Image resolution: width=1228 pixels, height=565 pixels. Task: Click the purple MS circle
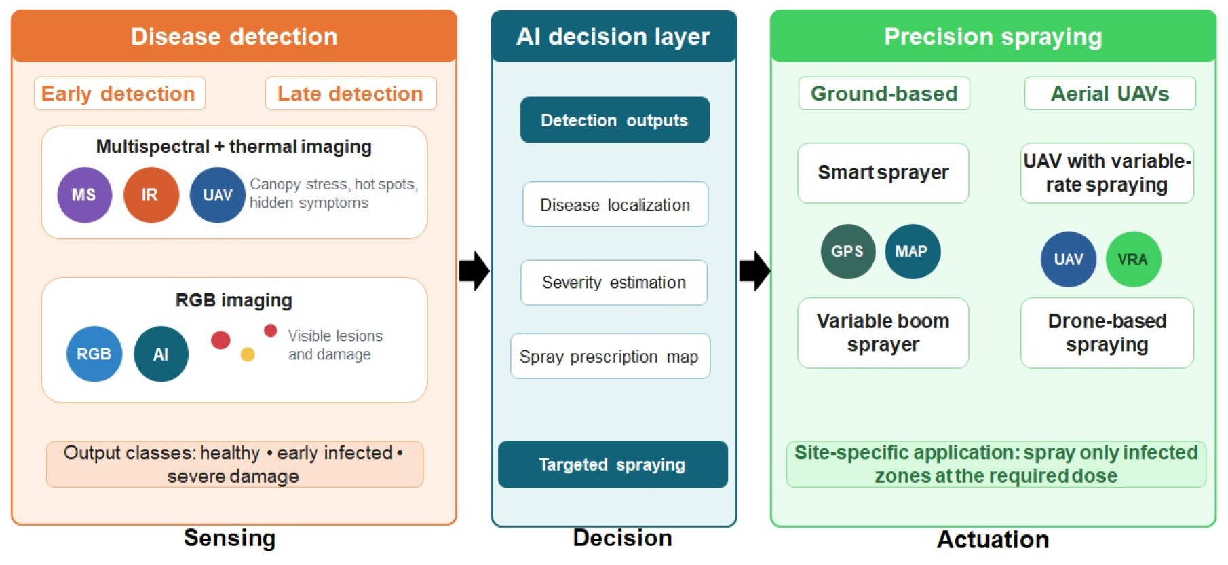click(x=84, y=195)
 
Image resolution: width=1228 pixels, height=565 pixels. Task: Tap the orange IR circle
click(x=151, y=195)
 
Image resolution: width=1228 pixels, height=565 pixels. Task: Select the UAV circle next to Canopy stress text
click(x=217, y=195)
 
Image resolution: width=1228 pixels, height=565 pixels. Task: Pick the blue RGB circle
click(x=94, y=354)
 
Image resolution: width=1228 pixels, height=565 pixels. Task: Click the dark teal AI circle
click(x=161, y=354)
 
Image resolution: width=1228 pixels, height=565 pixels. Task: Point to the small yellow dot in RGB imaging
click(x=248, y=354)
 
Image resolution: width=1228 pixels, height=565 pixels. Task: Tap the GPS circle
click(x=847, y=251)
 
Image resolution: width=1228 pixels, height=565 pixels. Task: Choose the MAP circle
click(x=912, y=251)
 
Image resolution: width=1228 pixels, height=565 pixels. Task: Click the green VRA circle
click(x=1133, y=259)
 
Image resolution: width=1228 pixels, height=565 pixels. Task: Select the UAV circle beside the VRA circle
click(x=1068, y=259)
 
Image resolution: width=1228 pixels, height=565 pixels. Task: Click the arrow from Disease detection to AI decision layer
click(x=474, y=271)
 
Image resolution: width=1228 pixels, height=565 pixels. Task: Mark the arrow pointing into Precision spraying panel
click(x=754, y=271)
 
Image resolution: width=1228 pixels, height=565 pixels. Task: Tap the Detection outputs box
click(x=615, y=120)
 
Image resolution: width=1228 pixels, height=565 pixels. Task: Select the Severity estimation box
click(x=614, y=282)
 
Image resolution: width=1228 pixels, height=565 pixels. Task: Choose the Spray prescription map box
click(x=610, y=356)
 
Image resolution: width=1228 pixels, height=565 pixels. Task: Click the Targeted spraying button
click(x=613, y=464)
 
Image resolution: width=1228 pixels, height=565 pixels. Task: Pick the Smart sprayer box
click(x=883, y=173)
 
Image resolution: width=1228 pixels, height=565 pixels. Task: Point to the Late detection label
click(x=350, y=93)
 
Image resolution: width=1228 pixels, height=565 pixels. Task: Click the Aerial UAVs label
click(x=1110, y=93)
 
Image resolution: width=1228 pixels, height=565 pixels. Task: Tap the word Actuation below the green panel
click(x=993, y=539)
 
